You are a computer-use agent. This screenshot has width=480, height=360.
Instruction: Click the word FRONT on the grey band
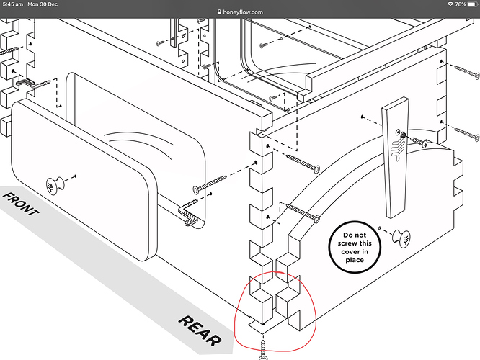click(21, 204)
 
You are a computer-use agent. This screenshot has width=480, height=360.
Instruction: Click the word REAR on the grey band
click(200, 331)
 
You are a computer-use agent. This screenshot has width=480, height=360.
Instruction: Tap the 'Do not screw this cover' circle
click(355, 247)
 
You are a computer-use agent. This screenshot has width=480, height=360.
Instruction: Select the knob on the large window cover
click(55, 185)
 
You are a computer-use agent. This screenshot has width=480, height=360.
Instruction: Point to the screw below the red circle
click(264, 350)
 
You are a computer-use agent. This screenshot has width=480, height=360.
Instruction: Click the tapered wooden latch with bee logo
click(395, 158)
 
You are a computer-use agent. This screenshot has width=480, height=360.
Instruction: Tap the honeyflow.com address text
click(243, 12)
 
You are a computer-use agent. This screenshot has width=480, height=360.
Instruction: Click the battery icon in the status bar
click(473, 4)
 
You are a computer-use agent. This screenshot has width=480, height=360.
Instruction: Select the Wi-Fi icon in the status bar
click(450, 4)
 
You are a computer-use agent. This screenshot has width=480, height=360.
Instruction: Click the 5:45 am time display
click(12, 4)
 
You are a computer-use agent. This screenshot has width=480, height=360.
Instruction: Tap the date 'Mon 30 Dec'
click(43, 4)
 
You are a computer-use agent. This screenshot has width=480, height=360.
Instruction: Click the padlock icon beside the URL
click(219, 12)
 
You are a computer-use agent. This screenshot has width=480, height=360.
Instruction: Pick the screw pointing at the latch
click(419, 142)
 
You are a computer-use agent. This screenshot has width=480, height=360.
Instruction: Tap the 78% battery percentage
click(460, 4)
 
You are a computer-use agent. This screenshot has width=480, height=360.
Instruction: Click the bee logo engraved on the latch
click(398, 148)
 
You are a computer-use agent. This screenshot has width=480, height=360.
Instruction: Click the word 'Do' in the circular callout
click(347, 235)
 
